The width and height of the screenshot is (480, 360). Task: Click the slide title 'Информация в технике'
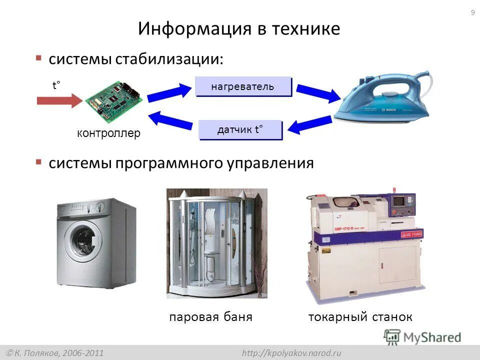click(239, 28)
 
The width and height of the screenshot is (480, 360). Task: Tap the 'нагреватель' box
click(242, 86)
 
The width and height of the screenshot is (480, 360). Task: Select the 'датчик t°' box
click(240, 130)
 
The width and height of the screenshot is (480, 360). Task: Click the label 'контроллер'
click(108, 133)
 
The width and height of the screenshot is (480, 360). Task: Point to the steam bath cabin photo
click(217, 243)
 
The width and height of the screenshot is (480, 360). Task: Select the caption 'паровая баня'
click(210, 317)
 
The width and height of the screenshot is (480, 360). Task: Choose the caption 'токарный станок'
click(360, 317)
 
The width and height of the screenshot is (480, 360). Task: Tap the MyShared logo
click(423, 337)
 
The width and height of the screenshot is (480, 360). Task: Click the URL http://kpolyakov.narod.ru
click(291, 353)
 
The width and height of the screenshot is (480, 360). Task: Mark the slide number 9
click(472, 13)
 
